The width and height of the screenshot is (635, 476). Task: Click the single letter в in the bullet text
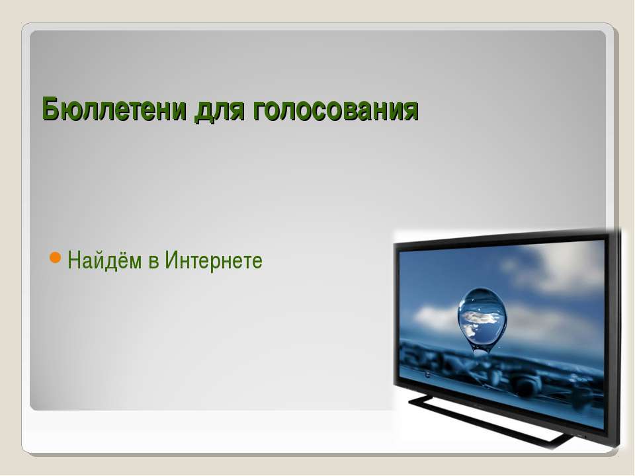click(x=153, y=262)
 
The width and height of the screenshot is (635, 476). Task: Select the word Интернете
click(x=214, y=260)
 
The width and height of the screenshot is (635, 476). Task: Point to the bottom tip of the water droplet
click(x=481, y=356)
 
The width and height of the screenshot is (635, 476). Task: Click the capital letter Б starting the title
click(x=50, y=109)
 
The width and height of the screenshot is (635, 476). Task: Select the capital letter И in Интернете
click(x=172, y=260)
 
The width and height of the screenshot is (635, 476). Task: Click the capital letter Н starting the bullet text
click(x=74, y=260)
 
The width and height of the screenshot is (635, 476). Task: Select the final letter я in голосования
click(x=411, y=110)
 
